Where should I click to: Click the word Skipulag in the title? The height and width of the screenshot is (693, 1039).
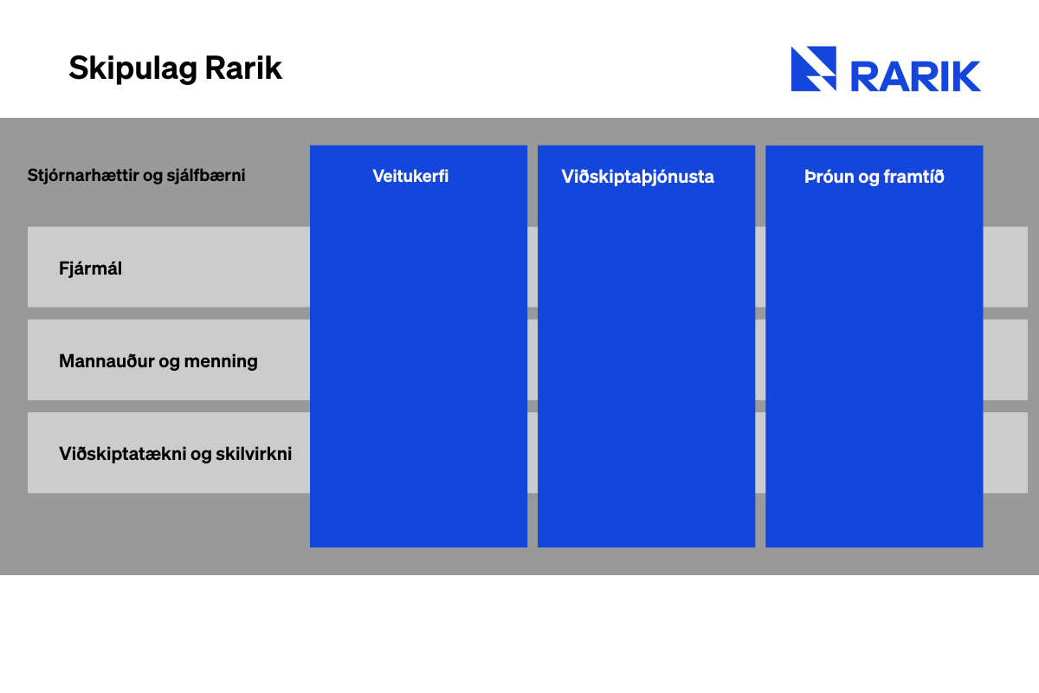coord(133,69)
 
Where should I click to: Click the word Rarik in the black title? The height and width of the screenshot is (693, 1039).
coord(243,68)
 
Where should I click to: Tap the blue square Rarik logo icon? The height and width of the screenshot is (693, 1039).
coord(814,68)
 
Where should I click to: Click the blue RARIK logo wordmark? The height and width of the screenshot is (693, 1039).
coord(916,76)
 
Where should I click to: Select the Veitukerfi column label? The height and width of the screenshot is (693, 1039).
coord(410,177)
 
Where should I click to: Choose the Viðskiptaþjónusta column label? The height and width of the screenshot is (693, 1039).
coord(638,178)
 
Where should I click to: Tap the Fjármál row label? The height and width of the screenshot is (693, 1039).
coord(90,269)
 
